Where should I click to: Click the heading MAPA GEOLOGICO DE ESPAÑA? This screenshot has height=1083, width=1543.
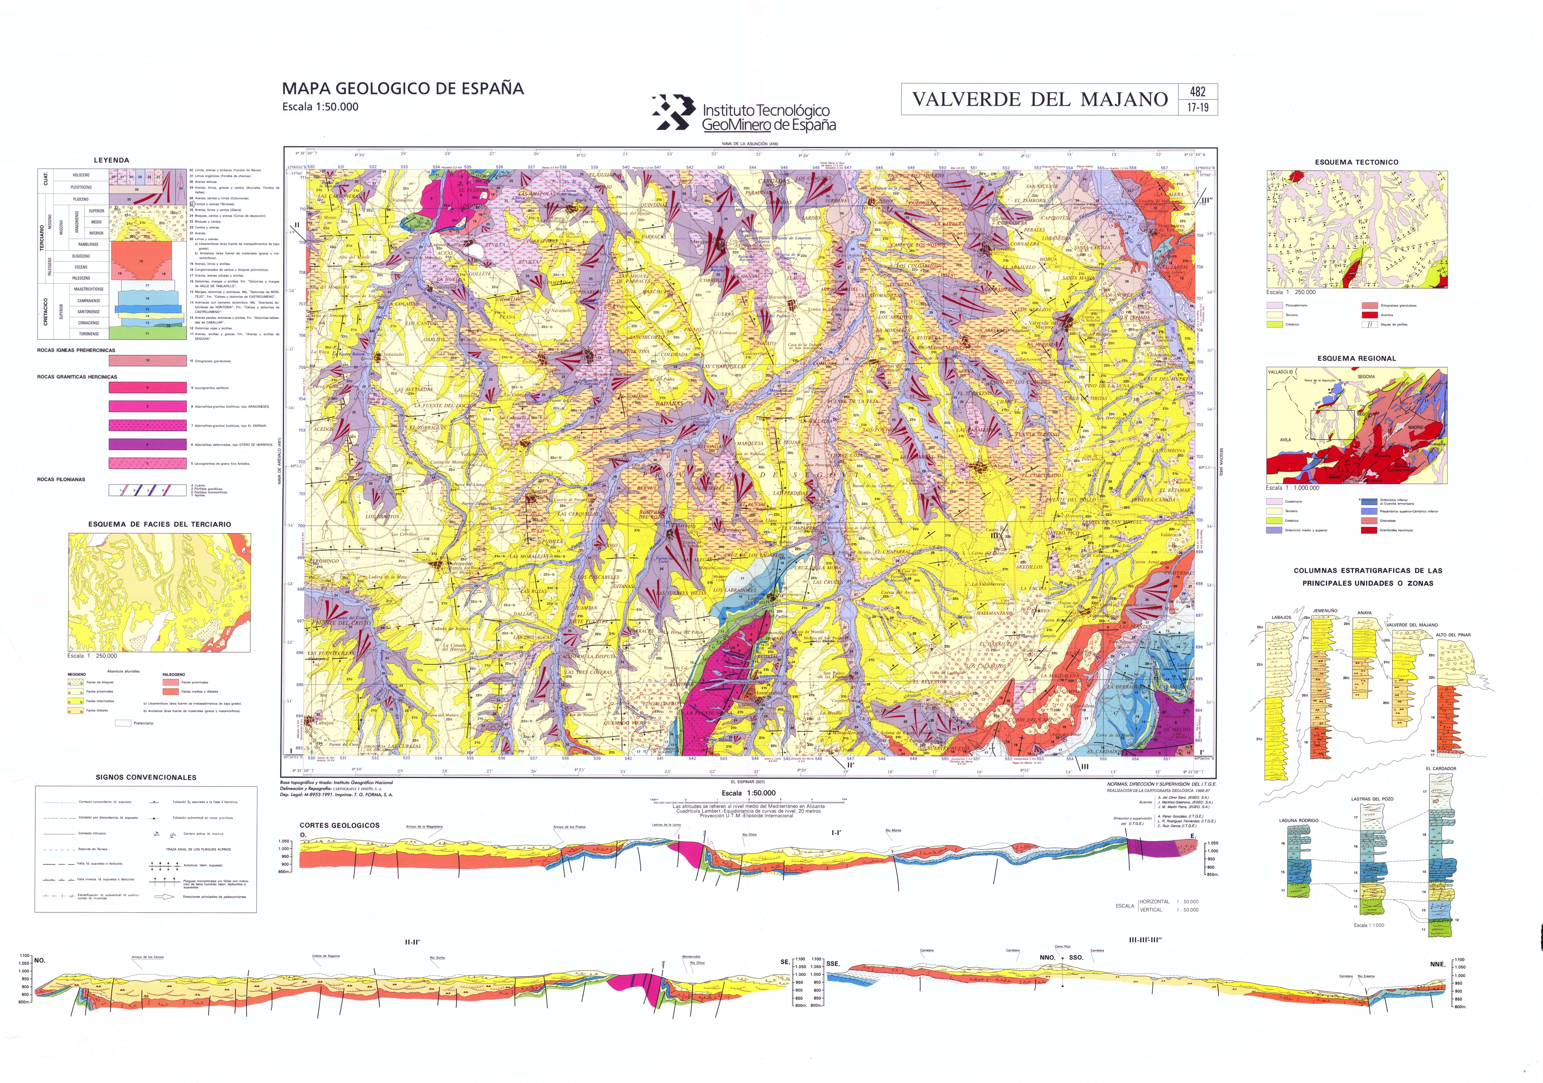pyautogui.click(x=402, y=88)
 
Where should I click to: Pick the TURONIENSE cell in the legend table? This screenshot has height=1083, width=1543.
pyautogui.click(x=89, y=333)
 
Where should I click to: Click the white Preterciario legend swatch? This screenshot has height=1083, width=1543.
pyautogui.click(x=123, y=723)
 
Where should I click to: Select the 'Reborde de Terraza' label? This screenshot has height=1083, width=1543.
pyautogui.click(x=93, y=849)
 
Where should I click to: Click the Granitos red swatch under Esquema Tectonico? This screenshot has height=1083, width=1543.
pyautogui.click(x=1370, y=315)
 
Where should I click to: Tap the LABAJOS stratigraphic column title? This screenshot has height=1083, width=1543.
pyautogui.click(x=1281, y=617)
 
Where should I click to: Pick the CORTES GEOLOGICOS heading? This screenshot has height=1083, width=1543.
pyautogui.click(x=339, y=825)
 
